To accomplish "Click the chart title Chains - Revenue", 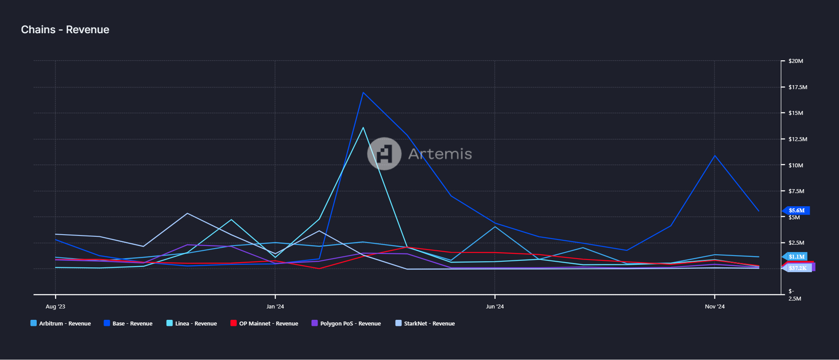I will pyautogui.click(x=65, y=30).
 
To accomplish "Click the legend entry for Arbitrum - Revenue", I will pyautogui.click(x=61, y=324).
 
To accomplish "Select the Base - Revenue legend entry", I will pyautogui.click(x=128, y=324).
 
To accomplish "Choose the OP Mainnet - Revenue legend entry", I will pyautogui.click(x=264, y=324).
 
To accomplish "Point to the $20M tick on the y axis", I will pyautogui.click(x=795, y=61).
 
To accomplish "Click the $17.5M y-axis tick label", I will pyautogui.click(x=797, y=87).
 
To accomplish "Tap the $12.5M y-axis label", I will pyautogui.click(x=797, y=139).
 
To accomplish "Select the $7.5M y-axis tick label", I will pyautogui.click(x=796, y=191).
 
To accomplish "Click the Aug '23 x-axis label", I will pyautogui.click(x=55, y=307).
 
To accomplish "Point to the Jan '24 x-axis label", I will pyautogui.click(x=275, y=307).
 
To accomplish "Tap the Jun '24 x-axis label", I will pyautogui.click(x=495, y=307).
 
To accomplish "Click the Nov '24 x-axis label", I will pyautogui.click(x=714, y=307).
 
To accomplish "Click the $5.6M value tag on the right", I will pyautogui.click(x=797, y=211).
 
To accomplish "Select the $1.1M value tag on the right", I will pyautogui.click(x=796, y=257).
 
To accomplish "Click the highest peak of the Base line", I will pyautogui.click(x=363, y=93).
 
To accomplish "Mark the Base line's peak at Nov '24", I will pyautogui.click(x=714, y=156).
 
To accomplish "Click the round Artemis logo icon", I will pyautogui.click(x=384, y=154).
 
